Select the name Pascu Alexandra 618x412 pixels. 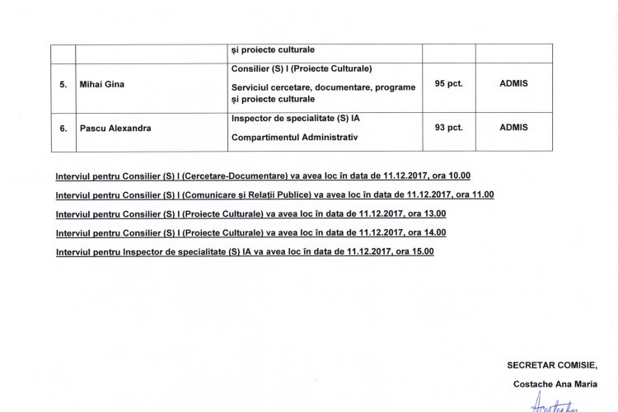(x=115, y=128)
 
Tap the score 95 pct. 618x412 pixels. (x=447, y=83)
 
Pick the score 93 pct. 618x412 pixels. (x=447, y=128)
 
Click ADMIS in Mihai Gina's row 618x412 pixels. (x=513, y=83)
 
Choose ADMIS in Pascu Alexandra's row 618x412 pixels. (x=513, y=128)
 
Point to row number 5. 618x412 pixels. (x=63, y=83)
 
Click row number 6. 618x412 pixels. (x=63, y=128)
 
